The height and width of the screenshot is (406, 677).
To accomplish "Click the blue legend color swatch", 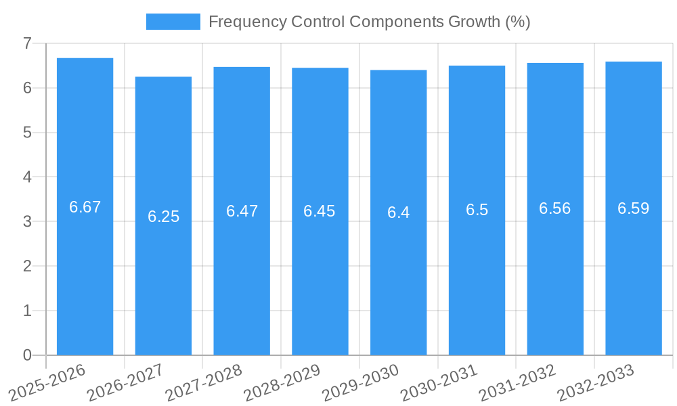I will [x=173, y=22].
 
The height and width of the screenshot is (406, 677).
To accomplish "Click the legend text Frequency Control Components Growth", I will [x=369, y=22].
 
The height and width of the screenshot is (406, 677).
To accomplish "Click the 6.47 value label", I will [x=242, y=211].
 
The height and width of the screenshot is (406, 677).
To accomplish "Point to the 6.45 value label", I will [x=320, y=211].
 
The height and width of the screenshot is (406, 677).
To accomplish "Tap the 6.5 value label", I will [x=477, y=210].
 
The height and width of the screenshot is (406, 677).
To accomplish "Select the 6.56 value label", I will [x=554, y=208].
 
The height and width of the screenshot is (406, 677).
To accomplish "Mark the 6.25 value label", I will [x=163, y=217].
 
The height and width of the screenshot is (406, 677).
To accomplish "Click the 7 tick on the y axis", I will [x=27, y=43].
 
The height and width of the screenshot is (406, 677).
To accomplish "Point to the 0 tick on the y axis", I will [x=27, y=355].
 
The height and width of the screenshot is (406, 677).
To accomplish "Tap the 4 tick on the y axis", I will [x=27, y=177].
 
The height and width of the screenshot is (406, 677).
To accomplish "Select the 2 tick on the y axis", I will [x=27, y=266].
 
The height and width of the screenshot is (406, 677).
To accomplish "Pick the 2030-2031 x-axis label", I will [x=439, y=382].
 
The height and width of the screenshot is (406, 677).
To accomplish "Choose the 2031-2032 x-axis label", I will [x=518, y=382].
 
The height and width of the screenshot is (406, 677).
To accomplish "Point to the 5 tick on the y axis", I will [x=27, y=133].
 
